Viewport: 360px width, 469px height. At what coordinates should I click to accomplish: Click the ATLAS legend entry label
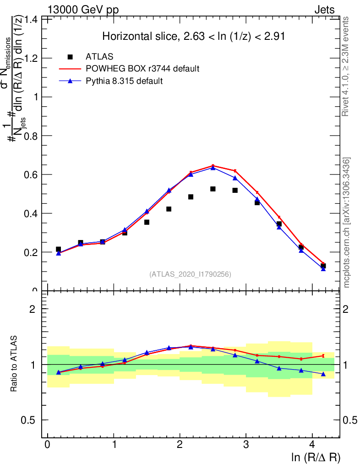click(99, 57)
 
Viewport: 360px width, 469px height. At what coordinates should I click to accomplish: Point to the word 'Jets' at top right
click(324, 10)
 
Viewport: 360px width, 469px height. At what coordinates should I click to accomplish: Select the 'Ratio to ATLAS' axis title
click(15, 364)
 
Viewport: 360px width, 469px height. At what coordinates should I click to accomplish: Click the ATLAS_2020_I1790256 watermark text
click(190, 274)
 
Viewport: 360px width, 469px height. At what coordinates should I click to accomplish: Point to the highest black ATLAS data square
click(213, 189)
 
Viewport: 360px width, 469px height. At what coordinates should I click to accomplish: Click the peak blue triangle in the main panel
click(213, 168)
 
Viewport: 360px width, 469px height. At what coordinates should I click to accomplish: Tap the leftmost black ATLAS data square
click(58, 249)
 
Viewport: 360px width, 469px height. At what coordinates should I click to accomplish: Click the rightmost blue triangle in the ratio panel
click(323, 374)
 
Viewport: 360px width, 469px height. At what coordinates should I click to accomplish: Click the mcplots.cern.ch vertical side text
click(347, 223)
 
